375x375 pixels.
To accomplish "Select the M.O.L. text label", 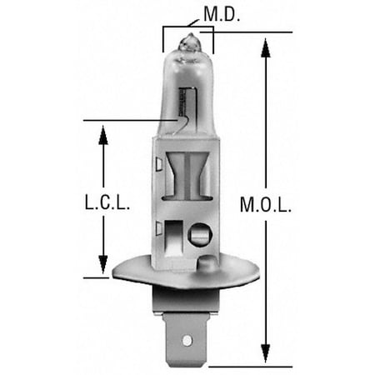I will (265, 202).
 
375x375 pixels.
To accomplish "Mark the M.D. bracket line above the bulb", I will (188, 26).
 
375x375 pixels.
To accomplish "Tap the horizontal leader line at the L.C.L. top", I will (125, 121).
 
